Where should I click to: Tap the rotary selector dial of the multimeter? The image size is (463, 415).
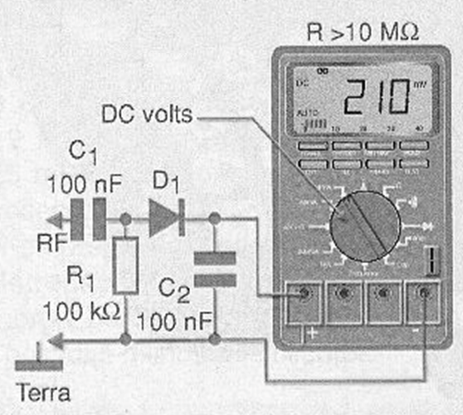(x=364, y=223)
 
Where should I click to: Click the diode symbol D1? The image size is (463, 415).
(x=165, y=218)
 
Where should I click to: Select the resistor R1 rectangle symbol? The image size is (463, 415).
(x=125, y=265)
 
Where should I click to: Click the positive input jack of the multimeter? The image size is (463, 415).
(x=304, y=295)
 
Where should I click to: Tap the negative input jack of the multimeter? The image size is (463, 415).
(x=426, y=295)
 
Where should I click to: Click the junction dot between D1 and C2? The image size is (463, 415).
(x=215, y=219)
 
